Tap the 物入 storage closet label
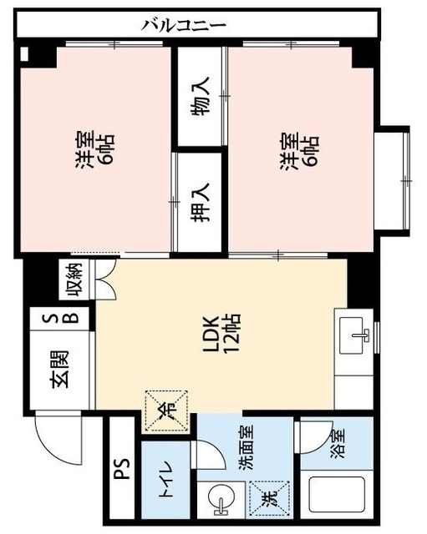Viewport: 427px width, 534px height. [x=201, y=97]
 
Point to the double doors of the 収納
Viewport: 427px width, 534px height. [x=104, y=284]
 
